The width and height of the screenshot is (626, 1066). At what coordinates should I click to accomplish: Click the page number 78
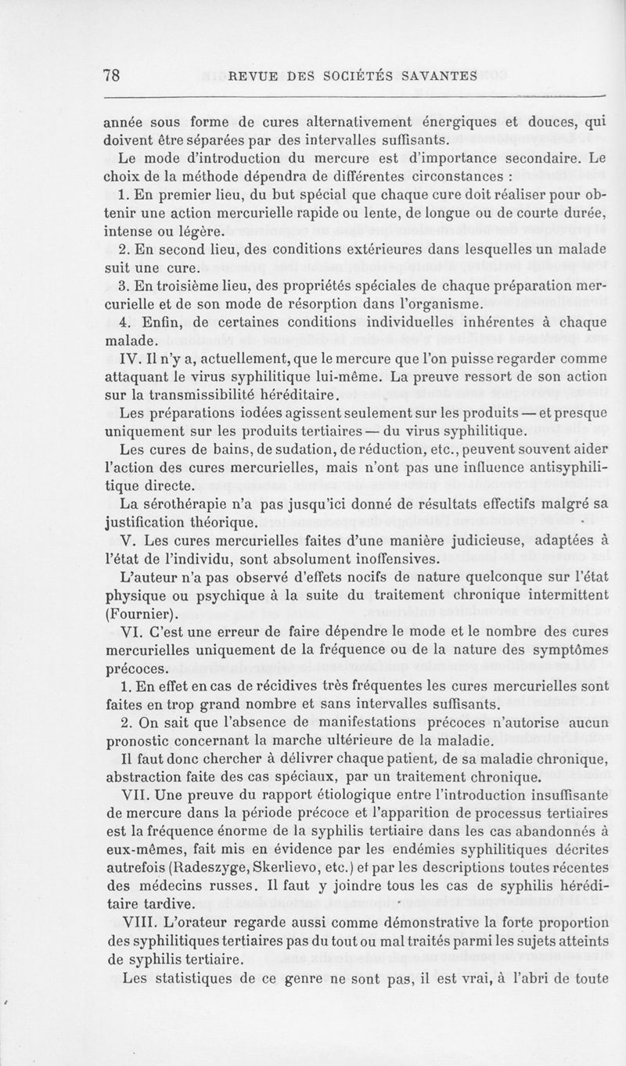pyautogui.click(x=110, y=75)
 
